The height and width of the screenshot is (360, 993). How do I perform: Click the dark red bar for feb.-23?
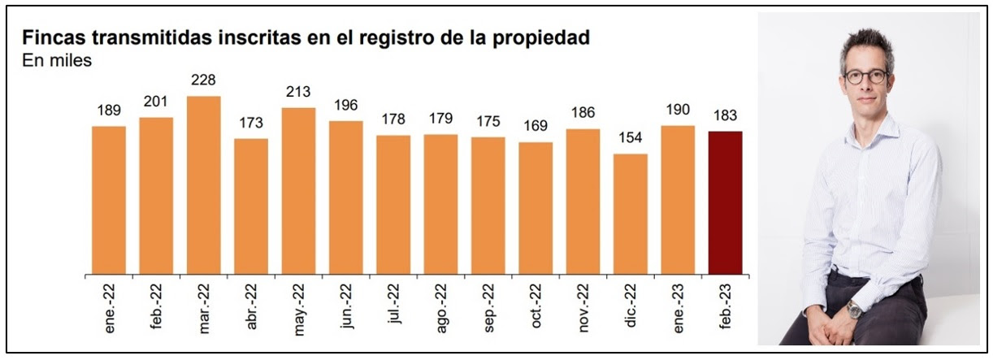point(725,202)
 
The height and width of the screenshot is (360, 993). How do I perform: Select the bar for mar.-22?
point(203,184)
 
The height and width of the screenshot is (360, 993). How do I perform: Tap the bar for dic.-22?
point(631,214)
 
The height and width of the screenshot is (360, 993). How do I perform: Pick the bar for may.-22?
point(298,190)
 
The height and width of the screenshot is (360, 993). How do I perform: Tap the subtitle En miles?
point(57,59)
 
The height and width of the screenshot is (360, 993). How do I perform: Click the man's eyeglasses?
point(865,76)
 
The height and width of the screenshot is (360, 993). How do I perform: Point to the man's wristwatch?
point(852,308)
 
